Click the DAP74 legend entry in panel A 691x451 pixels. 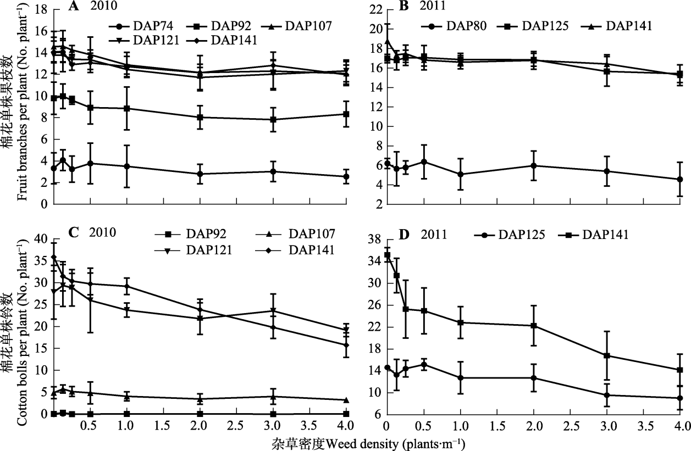(x=143, y=26)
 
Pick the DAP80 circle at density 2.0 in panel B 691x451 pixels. (x=533, y=165)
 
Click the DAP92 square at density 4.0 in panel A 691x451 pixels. (x=346, y=114)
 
